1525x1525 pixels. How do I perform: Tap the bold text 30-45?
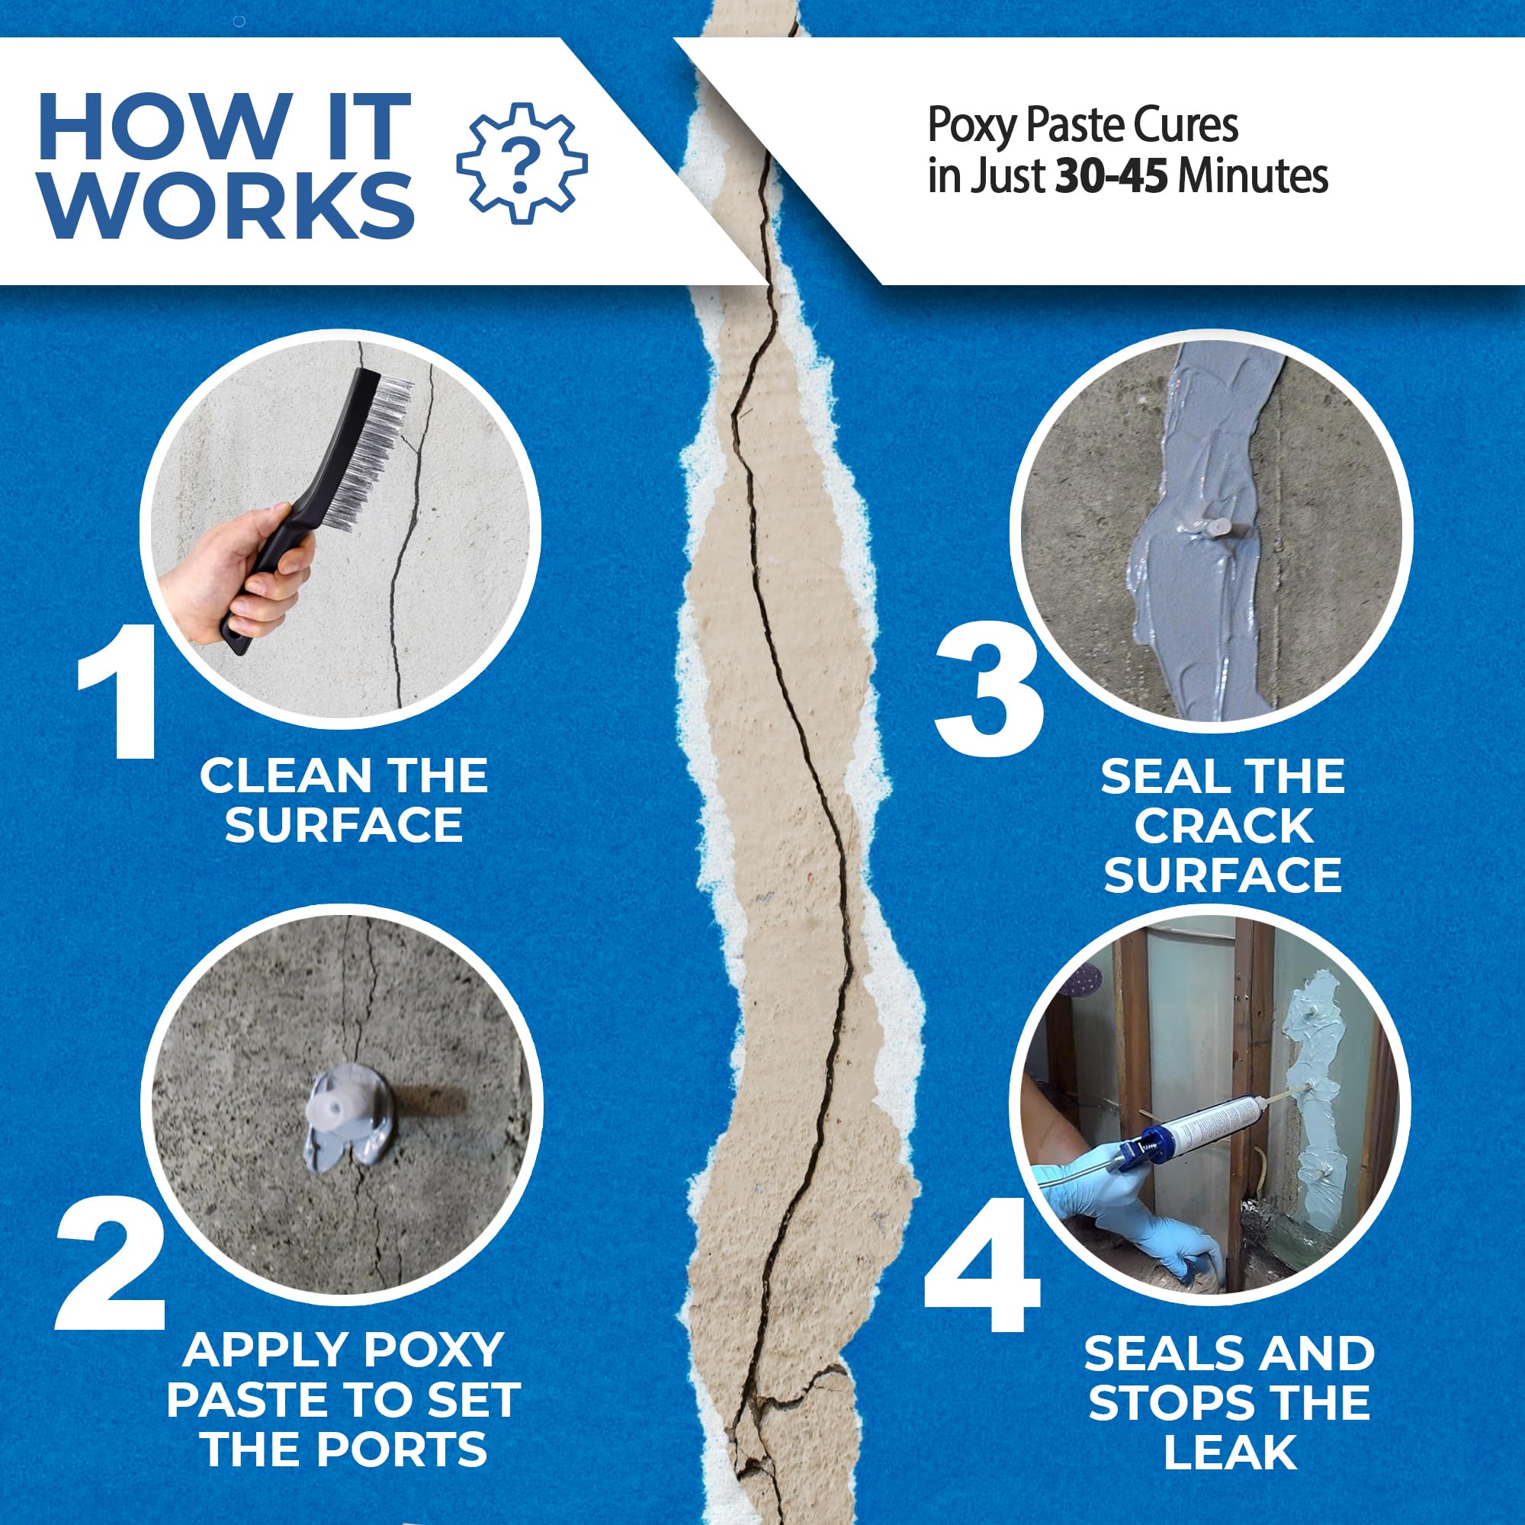1112,176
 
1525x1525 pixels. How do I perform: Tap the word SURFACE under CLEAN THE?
343,826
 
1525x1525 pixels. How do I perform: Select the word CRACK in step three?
1224,827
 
